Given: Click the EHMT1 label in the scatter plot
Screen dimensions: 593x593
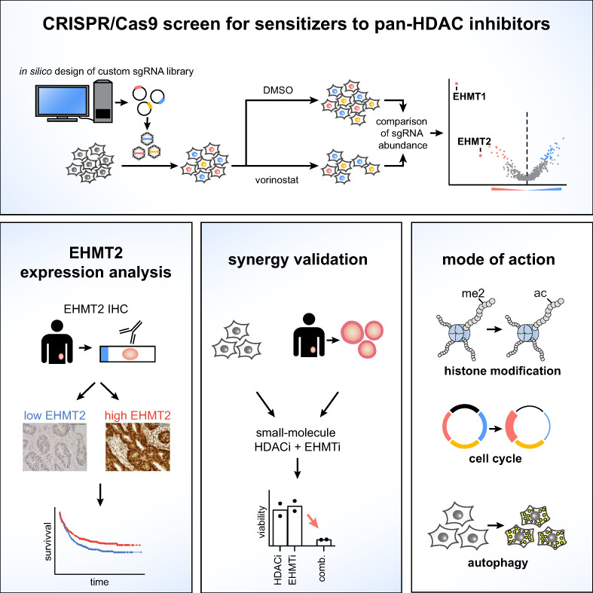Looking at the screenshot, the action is click(469, 96).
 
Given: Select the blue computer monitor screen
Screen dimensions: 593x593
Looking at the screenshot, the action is click(63, 101).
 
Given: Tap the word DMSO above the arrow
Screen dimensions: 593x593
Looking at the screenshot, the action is click(278, 90).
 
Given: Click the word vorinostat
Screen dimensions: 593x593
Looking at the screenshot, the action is click(277, 180).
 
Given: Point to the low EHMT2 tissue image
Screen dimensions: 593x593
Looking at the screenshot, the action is click(55, 447).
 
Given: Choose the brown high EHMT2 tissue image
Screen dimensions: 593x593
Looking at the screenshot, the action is click(138, 447).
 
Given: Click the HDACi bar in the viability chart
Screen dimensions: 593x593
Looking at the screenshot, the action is click(280, 527).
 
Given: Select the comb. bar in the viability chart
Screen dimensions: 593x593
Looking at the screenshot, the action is click(324, 543).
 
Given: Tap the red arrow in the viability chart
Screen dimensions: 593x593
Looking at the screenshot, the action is click(313, 521).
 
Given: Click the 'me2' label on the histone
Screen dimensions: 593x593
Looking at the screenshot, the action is click(472, 293).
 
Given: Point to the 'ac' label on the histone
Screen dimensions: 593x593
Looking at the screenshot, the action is click(540, 293).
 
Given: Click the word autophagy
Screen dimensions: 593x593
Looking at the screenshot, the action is click(498, 563).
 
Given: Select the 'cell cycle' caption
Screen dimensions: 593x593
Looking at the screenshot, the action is click(495, 458).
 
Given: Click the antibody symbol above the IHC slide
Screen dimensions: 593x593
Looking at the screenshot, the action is click(131, 331).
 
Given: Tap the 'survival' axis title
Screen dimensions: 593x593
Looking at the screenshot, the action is click(47, 542).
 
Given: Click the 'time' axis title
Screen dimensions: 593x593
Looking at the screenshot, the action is click(99, 582).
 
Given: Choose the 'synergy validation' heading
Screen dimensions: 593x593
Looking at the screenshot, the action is click(298, 260).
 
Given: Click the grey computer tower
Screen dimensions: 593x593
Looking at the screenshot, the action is click(103, 101).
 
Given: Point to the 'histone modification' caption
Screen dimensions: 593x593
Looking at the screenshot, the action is click(503, 371).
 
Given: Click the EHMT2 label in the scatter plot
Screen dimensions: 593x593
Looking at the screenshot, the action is click(474, 142).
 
